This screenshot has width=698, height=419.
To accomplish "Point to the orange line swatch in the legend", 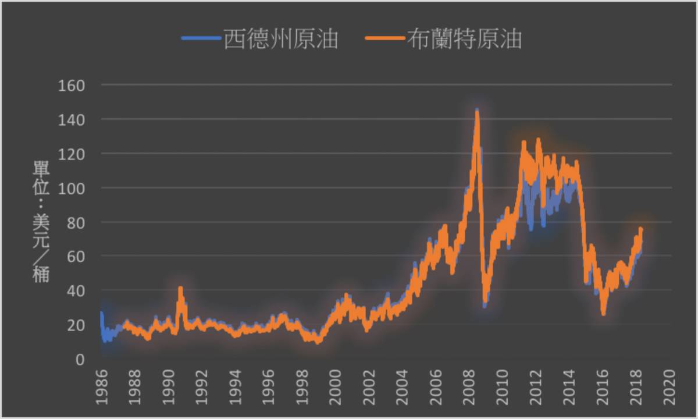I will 384,39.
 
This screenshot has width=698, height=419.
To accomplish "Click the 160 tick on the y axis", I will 72,85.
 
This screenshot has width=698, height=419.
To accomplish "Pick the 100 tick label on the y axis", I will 72,188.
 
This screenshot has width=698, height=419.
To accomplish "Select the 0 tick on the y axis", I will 80,359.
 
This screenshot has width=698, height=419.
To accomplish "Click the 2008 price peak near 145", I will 477,111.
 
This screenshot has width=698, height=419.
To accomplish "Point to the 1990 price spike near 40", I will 180,288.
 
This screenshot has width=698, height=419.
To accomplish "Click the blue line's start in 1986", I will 102,313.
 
